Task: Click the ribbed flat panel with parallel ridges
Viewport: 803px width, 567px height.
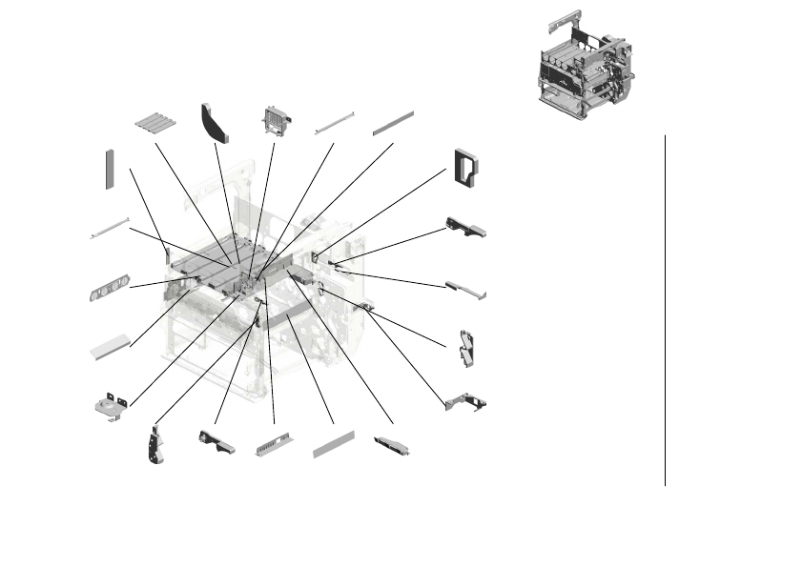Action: pos(156,124)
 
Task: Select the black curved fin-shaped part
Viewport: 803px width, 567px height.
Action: pos(215,123)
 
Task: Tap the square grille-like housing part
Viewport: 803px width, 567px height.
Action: pos(275,120)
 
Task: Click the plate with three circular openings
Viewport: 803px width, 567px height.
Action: pos(108,289)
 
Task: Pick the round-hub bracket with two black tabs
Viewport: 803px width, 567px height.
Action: pos(112,404)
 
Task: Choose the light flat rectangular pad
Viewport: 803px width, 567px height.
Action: pos(110,345)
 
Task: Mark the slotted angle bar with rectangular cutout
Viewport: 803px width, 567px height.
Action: pos(274,447)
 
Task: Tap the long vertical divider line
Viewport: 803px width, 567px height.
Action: pos(665,310)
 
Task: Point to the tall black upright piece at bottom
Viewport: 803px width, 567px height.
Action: pos(154,445)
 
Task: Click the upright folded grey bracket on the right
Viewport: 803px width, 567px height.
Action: pos(467,347)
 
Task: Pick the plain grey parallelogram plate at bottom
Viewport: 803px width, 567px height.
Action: pos(334,445)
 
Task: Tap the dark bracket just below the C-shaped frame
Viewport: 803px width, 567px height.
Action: pos(465,228)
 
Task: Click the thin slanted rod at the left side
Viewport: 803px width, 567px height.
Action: pos(110,229)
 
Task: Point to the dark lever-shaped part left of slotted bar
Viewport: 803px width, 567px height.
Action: pos(216,441)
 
